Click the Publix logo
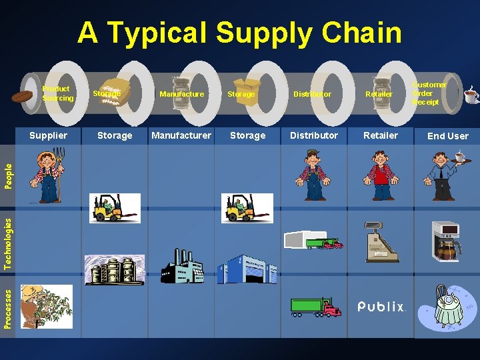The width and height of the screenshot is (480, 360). click(381, 307)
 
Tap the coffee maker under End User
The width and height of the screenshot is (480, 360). click(447, 243)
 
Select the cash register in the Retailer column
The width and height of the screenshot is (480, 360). click(381, 241)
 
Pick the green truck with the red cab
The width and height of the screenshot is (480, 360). click(315, 307)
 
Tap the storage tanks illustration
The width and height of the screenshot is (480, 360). click(114, 269)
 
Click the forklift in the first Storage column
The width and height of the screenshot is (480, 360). click(115, 208)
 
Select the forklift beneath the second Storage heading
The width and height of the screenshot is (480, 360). click(247, 208)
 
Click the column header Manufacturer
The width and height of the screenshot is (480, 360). click(181, 135)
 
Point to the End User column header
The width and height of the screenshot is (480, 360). click(447, 136)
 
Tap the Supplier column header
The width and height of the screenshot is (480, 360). click(49, 135)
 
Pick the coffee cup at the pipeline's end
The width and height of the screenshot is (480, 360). click(471, 95)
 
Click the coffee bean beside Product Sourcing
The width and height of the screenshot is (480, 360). click(22, 97)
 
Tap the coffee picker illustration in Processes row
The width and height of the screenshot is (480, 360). click(46, 307)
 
